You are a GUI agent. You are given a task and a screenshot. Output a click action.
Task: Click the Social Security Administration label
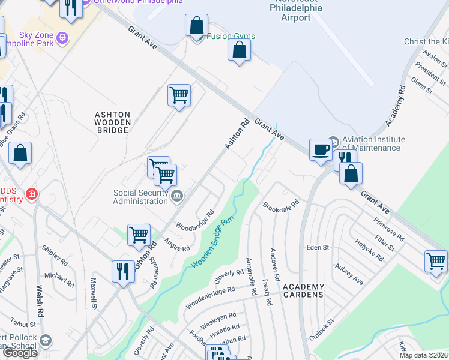point(141,197)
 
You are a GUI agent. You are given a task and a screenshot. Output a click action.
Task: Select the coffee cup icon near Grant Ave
point(321,149)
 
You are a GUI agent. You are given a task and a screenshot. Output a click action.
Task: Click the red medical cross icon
point(31,196)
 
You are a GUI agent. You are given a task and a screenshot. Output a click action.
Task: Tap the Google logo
point(19,353)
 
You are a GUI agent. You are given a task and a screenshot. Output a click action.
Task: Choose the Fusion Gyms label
point(231,36)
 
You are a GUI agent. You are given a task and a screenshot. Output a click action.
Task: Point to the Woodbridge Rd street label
point(194,221)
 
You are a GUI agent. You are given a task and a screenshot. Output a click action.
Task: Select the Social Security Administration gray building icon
point(177,195)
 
